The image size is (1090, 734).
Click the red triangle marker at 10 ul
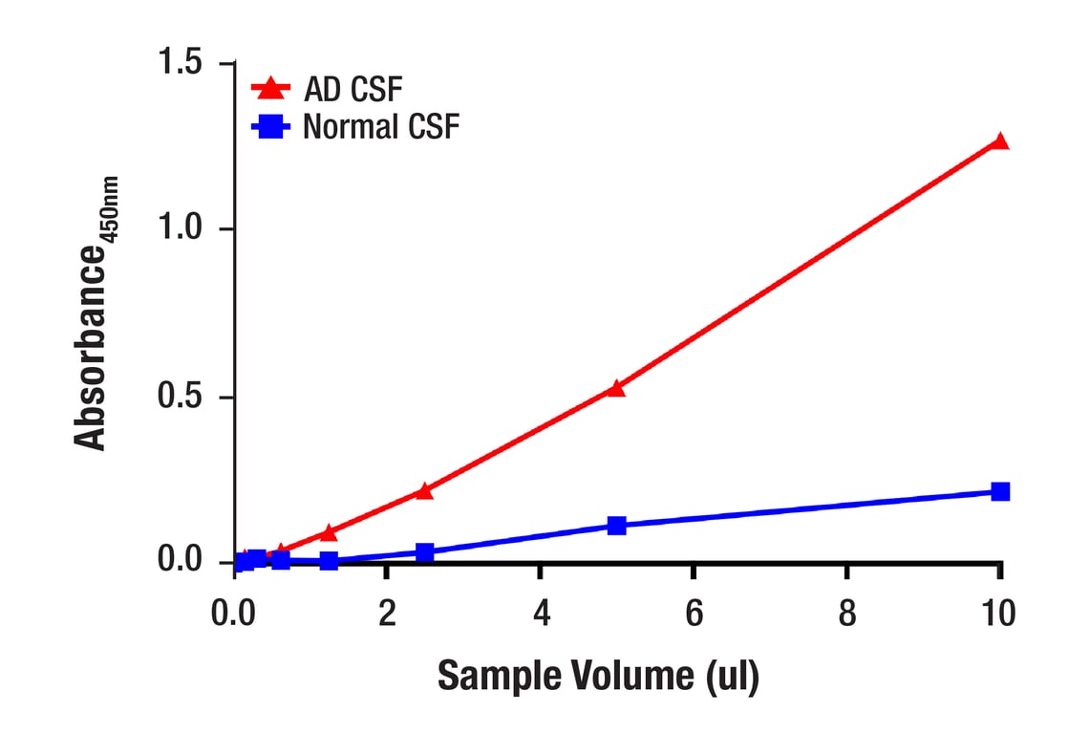click(x=1000, y=141)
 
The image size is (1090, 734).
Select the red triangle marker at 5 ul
click(x=616, y=388)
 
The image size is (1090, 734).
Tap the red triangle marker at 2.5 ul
click(x=424, y=491)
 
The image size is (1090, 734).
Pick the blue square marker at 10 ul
click(x=1000, y=491)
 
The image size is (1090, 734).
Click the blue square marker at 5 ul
click(x=616, y=526)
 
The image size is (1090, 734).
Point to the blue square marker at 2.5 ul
click(x=424, y=552)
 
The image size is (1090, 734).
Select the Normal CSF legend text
click(x=381, y=127)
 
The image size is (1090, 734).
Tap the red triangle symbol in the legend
click(x=270, y=89)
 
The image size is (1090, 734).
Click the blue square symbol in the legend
click(x=270, y=127)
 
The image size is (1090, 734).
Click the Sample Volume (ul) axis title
click(x=598, y=676)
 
